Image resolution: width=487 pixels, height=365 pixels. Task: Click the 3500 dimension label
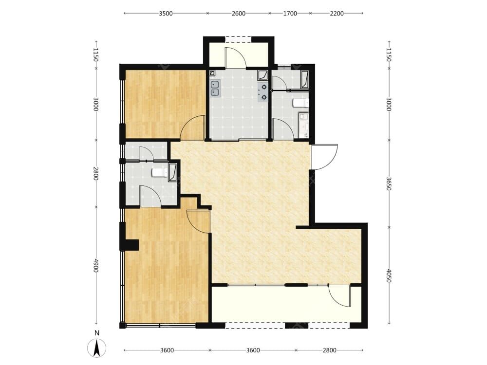tap(166, 13)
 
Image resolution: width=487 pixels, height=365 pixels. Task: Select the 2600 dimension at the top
tap(239, 13)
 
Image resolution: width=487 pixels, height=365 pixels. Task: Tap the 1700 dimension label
tap(290, 13)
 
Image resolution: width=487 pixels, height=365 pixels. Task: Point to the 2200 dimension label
tap(337, 13)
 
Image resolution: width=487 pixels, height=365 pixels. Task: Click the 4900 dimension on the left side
tap(96, 266)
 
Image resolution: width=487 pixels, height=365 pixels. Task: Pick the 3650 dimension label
tap(389, 183)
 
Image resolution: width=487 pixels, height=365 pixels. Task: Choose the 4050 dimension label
tap(389, 276)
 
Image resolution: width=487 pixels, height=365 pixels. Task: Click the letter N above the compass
tap(97, 333)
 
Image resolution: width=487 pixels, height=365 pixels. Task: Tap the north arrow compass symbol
tap(96, 348)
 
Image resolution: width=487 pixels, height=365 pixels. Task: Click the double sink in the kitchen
tap(215, 88)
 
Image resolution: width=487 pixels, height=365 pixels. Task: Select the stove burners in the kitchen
tap(263, 92)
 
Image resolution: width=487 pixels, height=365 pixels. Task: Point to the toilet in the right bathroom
tap(301, 102)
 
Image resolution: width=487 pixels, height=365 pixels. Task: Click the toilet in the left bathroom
tap(160, 173)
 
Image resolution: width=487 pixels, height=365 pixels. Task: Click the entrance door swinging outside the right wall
tap(325, 157)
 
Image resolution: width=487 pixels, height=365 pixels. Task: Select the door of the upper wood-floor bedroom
tap(192, 127)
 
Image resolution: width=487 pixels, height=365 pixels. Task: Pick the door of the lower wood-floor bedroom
tap(198, 221)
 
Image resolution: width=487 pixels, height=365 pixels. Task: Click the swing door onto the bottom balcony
tap(340, 296)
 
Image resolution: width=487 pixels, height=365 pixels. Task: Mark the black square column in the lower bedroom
tap(129, 245)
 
